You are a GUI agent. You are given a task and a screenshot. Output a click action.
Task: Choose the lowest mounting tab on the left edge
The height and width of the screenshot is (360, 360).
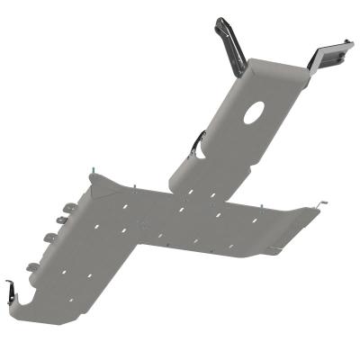pos(32,266)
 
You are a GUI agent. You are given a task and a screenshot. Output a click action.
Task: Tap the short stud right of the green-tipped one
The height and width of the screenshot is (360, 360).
pos(133,187)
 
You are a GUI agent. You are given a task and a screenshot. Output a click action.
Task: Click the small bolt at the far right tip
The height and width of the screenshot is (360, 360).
pos(323,203)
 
